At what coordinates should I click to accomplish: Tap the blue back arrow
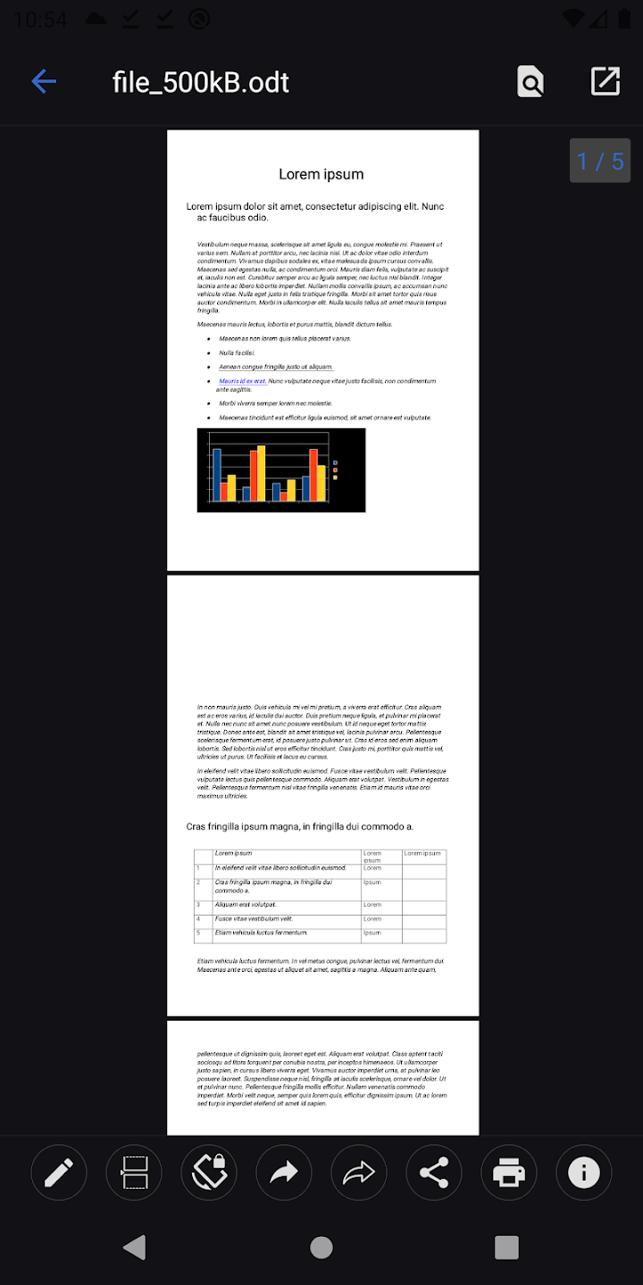[x=44, y=82]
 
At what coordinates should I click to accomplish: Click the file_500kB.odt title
[x=201, y=82]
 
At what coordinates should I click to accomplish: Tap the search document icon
[x=530, y=82]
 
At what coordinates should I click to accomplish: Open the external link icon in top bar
[x=605, y=81]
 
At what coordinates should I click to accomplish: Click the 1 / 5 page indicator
[x=600, y=161]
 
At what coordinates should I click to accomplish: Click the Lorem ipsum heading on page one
[x=321, y=174]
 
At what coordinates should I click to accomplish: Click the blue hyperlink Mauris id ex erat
[x=242, y=381]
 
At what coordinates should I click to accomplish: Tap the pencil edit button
[x=59, y=1173]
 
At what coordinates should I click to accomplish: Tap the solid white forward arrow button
[x=284, y=1173]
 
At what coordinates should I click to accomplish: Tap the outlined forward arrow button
[x=359, y=1173]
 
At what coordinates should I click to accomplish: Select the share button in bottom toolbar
[x=434, y=1173]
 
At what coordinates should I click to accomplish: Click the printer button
[x=509, y=1173]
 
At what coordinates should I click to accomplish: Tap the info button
[x=584, y=1173]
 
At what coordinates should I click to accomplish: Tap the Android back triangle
[x=135, y=1248]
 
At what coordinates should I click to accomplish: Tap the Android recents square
[x=506, y=1248]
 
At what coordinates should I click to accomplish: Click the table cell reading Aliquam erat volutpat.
[x=246, y=905]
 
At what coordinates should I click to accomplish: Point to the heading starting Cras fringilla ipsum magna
[x=300, y=827]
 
